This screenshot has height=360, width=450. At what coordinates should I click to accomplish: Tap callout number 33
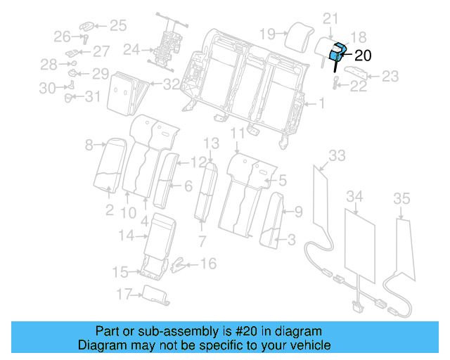[x=337, y=155]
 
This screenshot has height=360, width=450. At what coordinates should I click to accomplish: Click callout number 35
[x=401, y=199]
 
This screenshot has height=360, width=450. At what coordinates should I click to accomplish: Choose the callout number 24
[x=131, y=49]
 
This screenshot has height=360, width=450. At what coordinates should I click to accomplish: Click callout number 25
[x=117, y=26]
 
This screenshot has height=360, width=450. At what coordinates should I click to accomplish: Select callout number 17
[x=124, y=294]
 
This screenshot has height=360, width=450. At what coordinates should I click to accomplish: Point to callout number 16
[x=208, y=264]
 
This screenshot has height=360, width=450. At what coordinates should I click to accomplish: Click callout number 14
[x=125, y=236]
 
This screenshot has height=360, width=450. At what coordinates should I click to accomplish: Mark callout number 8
[x=89, y=146]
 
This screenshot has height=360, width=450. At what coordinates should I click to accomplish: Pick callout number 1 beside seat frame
[x=321, y=104]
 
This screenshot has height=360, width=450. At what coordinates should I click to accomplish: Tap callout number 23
[x=390, y=75]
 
